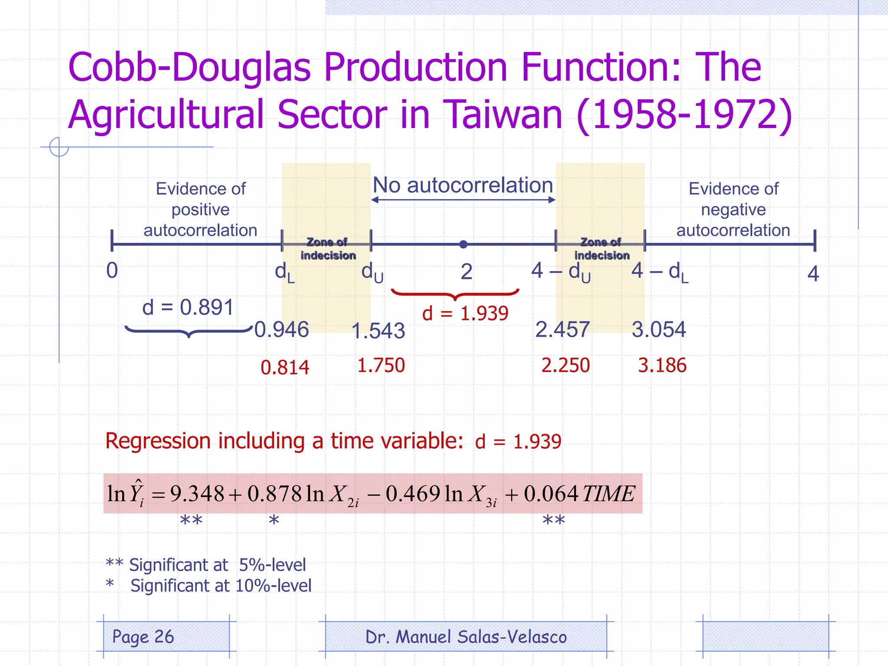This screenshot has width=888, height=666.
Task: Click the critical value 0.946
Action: click(281, 330)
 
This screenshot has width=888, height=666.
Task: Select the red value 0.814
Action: click(285, 368)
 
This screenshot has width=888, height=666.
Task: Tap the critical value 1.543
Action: click(378, 331)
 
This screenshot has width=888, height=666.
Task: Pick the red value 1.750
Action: click(381, 366)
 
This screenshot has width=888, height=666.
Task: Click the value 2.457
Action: click(562, 330)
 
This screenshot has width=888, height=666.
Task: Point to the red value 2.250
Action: click(565, 366)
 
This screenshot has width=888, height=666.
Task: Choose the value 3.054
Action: click(659, 330)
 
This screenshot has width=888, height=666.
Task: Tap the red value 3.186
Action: click(662, 366)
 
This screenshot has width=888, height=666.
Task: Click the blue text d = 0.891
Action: click(188, 307)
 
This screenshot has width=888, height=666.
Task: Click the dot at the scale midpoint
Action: click(463, 244)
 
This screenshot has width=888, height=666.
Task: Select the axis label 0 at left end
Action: click(112, 271)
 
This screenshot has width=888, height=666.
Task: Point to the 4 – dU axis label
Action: click(561, 272)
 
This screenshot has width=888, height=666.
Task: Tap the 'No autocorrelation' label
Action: click(463, 185)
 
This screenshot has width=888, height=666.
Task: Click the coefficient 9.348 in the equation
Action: click(197, 494)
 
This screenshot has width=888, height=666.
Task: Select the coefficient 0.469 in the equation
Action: click(413, 494)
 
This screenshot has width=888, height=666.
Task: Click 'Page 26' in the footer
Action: click(143, 637)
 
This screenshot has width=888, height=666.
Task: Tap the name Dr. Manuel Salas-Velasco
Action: click(466, 637)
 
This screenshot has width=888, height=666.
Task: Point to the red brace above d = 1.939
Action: click(455, 294)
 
